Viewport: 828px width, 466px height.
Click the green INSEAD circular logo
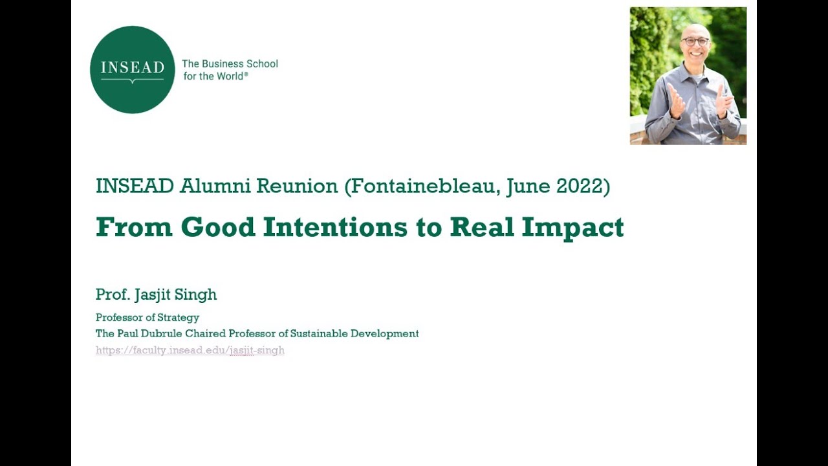(132, 70)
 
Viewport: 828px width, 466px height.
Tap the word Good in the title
(218, 227)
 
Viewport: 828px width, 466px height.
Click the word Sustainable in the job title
(319, 334)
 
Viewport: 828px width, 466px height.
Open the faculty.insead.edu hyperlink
(190, 351)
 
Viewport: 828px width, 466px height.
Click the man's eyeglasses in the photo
(695, 41)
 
